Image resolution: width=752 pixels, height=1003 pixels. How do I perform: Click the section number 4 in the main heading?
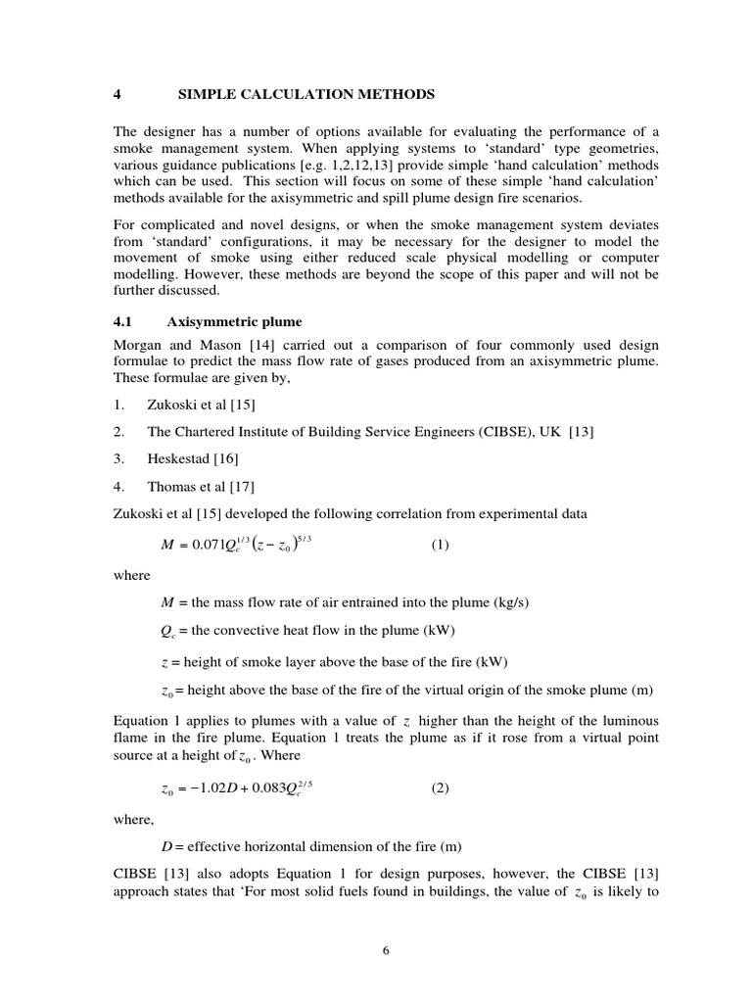(x=117, y=94)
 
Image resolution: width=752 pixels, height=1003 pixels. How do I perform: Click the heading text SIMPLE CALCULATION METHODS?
(x=306, y=94)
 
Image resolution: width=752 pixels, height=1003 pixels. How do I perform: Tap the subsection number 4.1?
(x=124, y=321)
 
